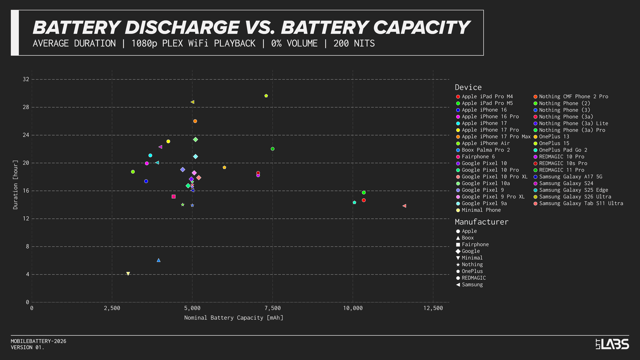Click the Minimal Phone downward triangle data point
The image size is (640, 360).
pos(128,274)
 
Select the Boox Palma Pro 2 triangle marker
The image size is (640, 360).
pos(158,260)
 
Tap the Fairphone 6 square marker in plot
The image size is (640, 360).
pos(173,196)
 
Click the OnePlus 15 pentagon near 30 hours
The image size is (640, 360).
pos(266,96)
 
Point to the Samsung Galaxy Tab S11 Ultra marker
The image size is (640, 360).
pos(404,206)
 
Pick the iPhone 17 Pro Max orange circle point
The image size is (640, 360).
pos(195,121)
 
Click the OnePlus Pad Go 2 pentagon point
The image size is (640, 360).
pos(354,203)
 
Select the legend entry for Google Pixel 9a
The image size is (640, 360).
pos(484,204)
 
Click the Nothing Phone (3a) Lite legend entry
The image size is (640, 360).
pos(573,124)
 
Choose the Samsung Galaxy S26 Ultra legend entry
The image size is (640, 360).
pos(575,197)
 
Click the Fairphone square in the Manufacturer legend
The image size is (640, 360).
pos(458,244)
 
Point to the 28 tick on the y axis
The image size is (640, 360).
pos(26,107)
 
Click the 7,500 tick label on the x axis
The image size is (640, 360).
pos(273,308)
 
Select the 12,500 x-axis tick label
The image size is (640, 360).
pos(433,308)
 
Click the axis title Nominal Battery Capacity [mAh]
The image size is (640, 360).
pos(234,318)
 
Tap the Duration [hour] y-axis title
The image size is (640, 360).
pos(15,185)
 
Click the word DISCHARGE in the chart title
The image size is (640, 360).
pos(182,28)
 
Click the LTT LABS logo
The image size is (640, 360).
pos(612,344)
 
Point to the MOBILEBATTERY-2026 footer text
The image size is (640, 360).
pos(38,341)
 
